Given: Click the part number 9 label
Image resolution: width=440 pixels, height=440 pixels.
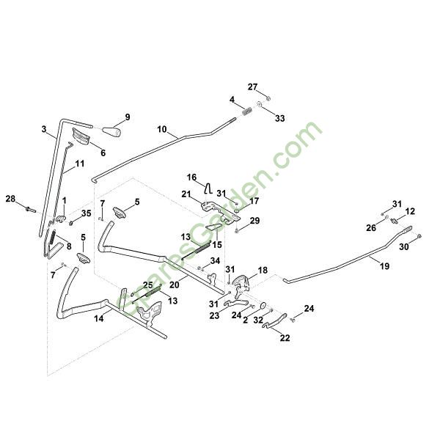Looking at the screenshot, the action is click(128, 117).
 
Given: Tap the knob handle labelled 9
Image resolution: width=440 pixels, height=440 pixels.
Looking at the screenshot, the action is click(111, 131).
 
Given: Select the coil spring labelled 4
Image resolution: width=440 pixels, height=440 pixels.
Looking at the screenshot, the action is click(246, 111).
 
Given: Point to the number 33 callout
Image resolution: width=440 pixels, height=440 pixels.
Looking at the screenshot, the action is click(280, 118).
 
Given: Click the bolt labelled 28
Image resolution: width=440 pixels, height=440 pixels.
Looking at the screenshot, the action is click(30, 209).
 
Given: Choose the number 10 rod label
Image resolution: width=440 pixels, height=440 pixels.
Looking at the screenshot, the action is click(162, 129).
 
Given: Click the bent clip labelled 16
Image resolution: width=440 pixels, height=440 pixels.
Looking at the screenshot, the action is click(208, 188).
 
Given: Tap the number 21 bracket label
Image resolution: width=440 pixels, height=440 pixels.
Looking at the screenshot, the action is click(186, 194).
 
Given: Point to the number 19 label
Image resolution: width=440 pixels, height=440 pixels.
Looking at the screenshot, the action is click(384, 265).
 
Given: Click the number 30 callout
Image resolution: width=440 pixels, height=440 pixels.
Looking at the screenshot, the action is click(404, 247).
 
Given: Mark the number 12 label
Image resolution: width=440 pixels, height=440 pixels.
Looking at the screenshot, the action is click(410, 211).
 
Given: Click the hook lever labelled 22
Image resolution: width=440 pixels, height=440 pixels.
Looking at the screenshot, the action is click(275, 321).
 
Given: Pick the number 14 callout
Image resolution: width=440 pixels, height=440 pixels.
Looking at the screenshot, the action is click(99, 318).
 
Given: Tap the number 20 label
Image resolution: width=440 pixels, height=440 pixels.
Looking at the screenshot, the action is click(175, 285).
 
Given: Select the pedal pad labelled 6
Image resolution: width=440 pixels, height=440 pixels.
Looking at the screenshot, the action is click(81, 136).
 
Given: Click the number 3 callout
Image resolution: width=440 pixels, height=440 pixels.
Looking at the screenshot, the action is click(44, 129).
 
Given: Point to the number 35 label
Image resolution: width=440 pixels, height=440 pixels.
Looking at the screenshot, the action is click(86, 213).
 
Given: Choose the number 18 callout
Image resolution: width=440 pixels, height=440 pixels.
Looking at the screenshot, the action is click(263, 271).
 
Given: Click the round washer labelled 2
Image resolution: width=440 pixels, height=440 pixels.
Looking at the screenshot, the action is click(263, 305).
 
